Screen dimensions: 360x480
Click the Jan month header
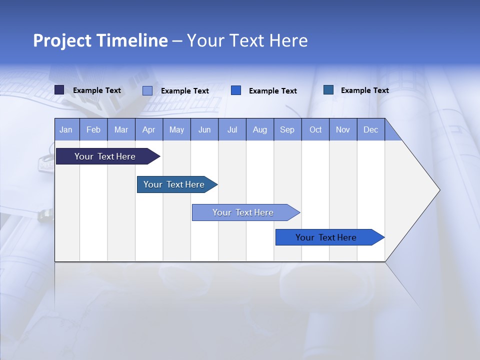[66, 129]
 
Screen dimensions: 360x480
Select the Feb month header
[93, 129]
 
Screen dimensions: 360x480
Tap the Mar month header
[121, 129]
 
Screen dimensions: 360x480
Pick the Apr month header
[149, 129]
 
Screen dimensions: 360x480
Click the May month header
[176, 129]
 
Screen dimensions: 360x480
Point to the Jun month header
[204, 129]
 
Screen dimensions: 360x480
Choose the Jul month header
[232, 129]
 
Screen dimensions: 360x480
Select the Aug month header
[260, 129]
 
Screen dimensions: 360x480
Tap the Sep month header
[287, 129]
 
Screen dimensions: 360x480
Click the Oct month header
[315, 129]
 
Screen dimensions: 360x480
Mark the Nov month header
[343, 129]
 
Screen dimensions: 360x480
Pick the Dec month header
[371, 129]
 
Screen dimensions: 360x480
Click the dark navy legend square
[59, 90]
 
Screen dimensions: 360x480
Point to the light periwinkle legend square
[147, 90]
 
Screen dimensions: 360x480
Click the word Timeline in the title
[132, 40]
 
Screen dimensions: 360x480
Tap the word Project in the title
[62, 40]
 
